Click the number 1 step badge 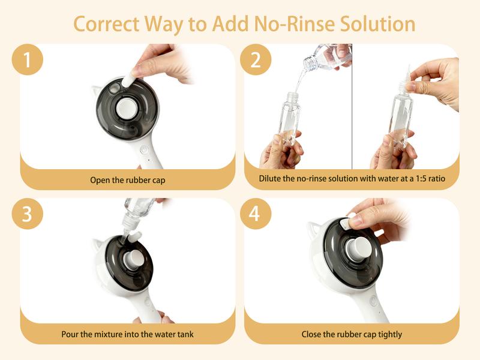tap(27, 59)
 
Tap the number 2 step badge tap(256, 59)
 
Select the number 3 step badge tap(27, 214)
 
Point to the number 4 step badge tap(256, 214)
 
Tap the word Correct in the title tap(106, 24)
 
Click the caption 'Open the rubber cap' tap(128, 180)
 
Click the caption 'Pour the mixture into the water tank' tap(127, 334)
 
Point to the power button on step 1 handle tap(144, 150)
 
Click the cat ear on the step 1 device tap(96, 91)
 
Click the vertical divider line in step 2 tap(352, 106)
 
